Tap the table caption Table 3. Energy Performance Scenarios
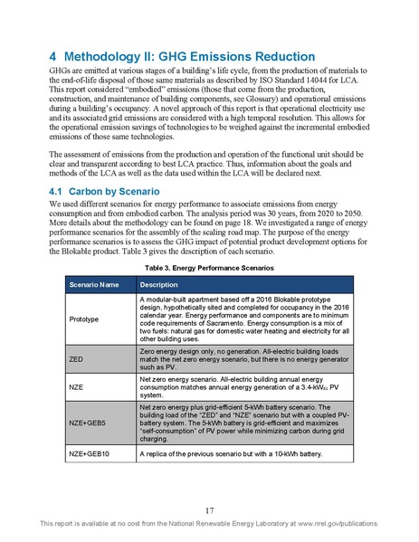(209, 269)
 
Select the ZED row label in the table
(77, 358)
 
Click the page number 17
(209, 509)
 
